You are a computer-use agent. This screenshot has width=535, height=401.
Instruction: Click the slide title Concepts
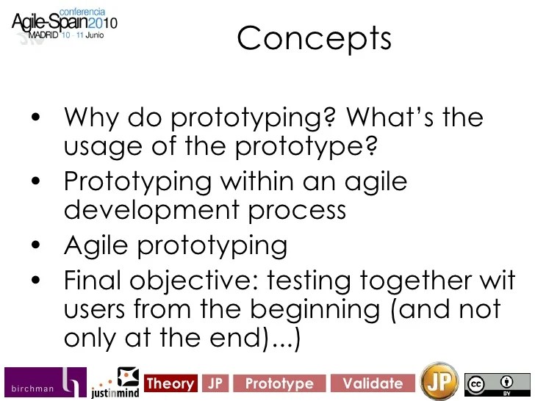coord(314,38)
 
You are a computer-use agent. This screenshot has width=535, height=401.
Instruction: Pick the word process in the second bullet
coord(298,211)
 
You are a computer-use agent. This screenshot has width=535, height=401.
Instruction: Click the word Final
coord(96,280)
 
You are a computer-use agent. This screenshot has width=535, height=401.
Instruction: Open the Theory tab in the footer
coord(170,383)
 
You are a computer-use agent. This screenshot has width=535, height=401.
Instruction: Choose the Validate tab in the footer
coord(373,383)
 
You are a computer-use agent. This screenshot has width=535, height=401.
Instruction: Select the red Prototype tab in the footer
coord(279,383)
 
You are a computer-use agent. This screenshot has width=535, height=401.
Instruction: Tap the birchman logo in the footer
coord(44,383)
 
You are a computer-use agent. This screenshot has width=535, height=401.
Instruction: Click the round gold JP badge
coord(438,381)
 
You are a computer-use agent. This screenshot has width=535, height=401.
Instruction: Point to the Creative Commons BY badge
coord(497,383)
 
